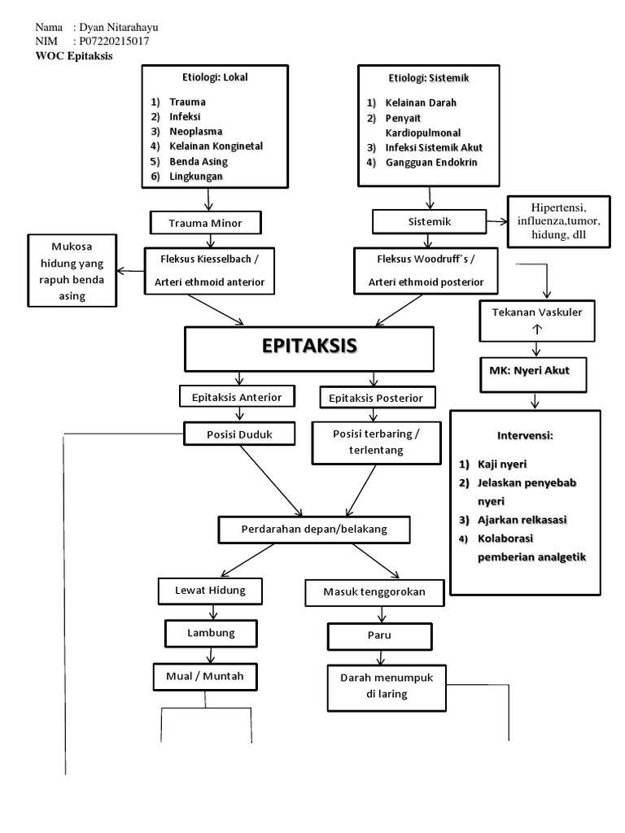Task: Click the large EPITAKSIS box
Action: [308, 347]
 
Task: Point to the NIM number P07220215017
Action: [111, 41]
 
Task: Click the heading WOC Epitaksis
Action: [74, 56]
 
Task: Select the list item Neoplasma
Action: [196, 131]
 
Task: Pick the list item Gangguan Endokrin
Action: [431, 162]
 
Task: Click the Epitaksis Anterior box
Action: [236, 396]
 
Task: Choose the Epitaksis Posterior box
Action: [378, 398]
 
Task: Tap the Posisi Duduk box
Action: [239, 434]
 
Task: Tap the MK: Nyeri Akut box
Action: [535, 372]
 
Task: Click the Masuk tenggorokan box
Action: [375, 593]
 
